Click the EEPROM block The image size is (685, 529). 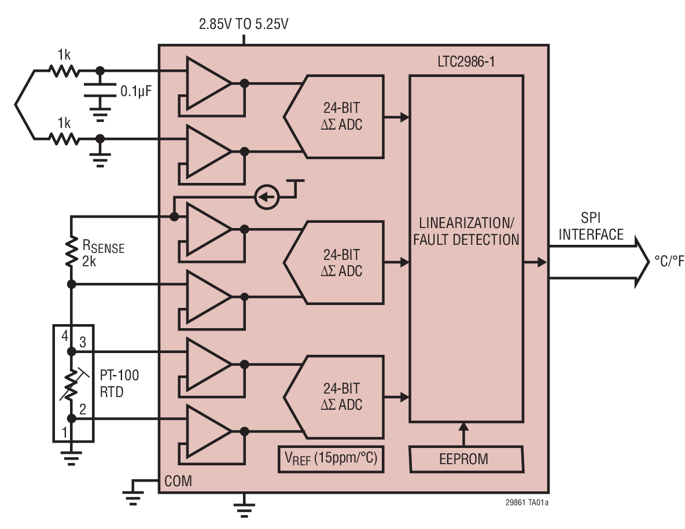point(466,459)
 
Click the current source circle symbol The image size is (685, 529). point(267,197)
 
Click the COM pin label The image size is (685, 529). point(178,481)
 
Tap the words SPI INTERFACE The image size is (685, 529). point(591,227)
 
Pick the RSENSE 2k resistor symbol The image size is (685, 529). point(71,251)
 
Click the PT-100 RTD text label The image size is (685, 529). point(120,383)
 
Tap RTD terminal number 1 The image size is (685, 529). point(65,431)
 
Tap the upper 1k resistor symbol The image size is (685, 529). point(64,71)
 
